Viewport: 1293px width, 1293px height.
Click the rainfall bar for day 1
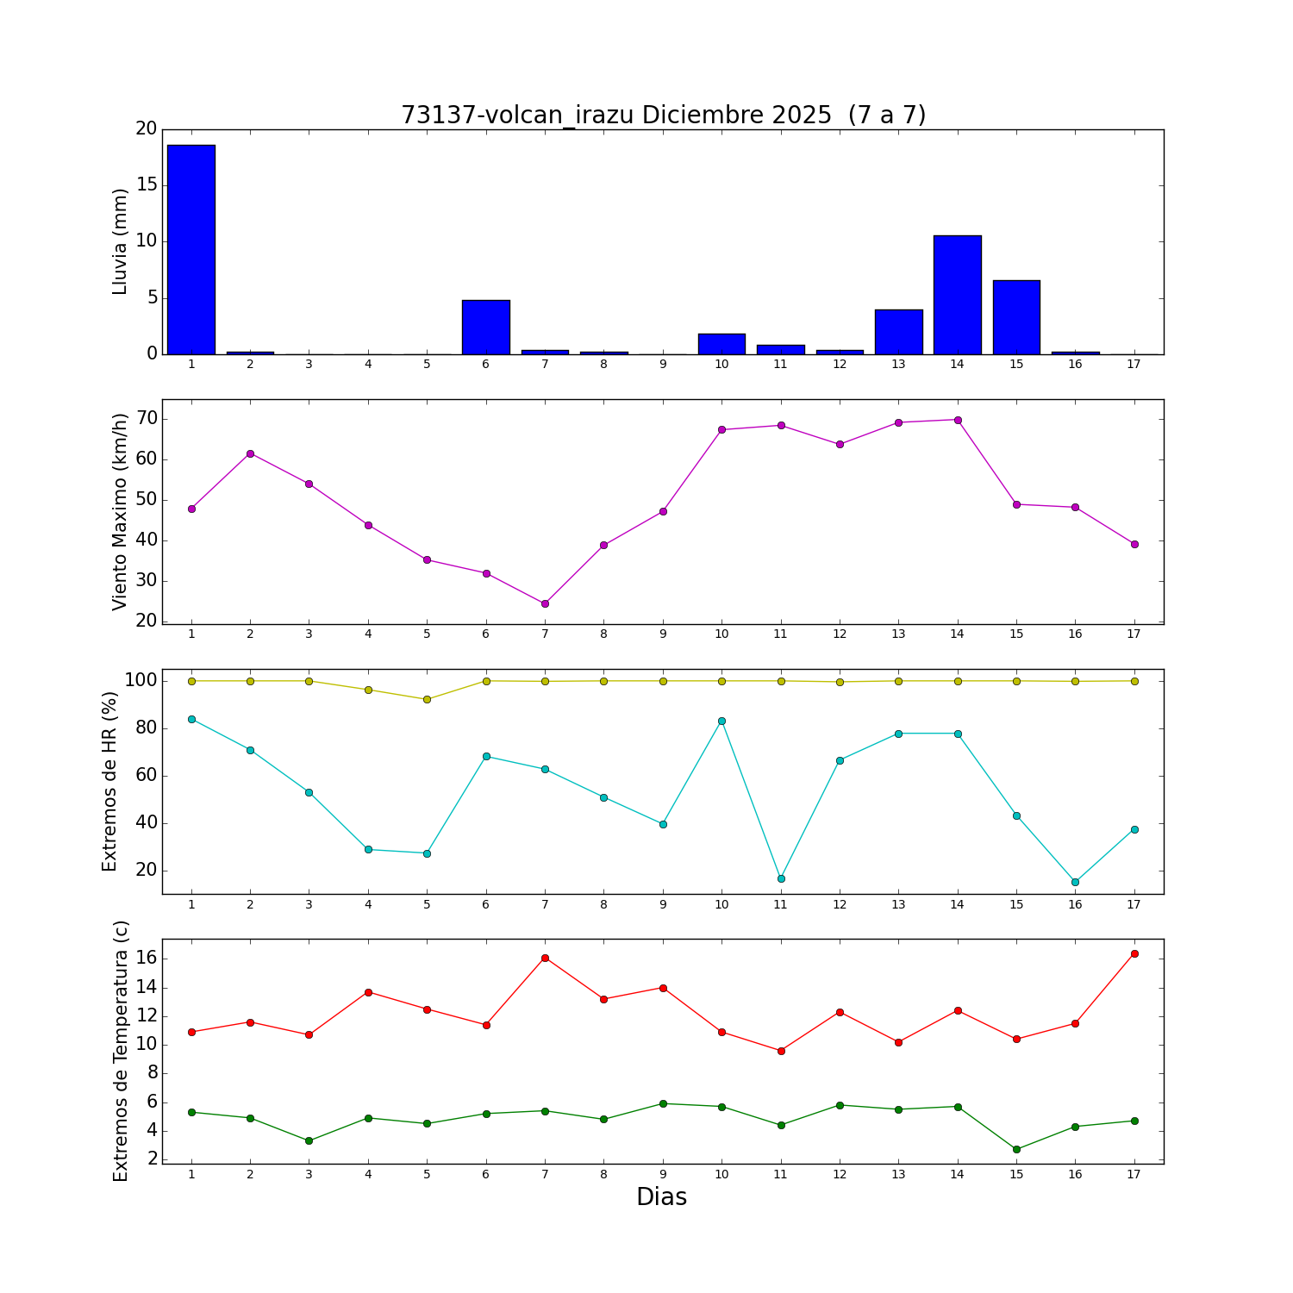[191, 250]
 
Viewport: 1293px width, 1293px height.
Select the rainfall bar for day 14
[957, 295]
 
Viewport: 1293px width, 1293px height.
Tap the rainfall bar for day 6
[485, 328]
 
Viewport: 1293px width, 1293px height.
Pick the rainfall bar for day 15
[1016, 317]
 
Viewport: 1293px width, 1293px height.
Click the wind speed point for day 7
[545, 603]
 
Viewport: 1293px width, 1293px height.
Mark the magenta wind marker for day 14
[958, 420]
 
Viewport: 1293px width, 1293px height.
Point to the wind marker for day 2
[250, 453]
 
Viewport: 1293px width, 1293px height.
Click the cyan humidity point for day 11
[781, 878]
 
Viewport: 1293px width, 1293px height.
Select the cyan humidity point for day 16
[1075, 882]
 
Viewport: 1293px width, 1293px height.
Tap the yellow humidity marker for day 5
[427, 699]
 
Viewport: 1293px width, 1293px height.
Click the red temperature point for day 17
[1134, 953]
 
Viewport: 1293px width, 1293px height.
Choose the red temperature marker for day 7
[545, 958]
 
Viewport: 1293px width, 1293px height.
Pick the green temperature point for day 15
[1016, 1149]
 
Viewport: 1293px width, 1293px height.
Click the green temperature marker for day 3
[309, 1140]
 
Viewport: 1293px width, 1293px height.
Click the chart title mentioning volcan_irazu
[663, 115]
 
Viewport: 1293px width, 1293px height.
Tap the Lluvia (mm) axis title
[121, 241]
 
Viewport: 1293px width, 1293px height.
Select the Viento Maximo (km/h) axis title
[121, 511]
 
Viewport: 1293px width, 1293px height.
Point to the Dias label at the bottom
[661, 1196]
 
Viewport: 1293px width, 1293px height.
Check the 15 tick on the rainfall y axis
[147, 185]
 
